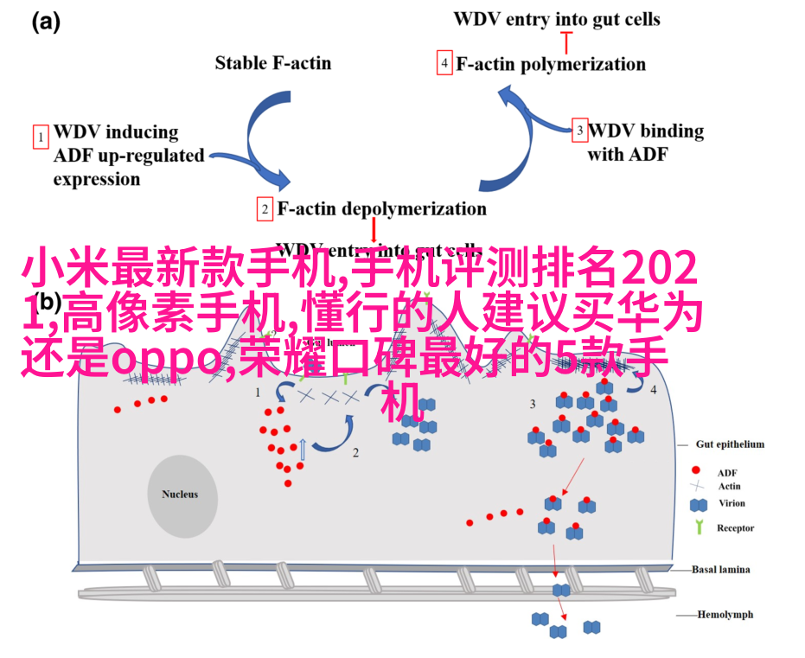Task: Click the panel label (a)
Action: coord(46,23)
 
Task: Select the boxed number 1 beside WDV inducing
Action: coord(40,137)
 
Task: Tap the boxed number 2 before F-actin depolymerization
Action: coord(265,209)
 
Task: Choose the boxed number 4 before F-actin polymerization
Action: coord(444,64)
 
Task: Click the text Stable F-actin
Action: coord(272,62)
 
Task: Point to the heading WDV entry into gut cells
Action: coord(556,18)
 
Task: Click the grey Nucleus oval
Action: coord(180,495)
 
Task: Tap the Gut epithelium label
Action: coord(730,444)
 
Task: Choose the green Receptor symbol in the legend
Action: coord(697,527)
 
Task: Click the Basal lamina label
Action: coord(720,570)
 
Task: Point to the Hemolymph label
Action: coord(725,615)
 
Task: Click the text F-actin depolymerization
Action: coord(381,209)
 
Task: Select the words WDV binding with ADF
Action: coord(645,143)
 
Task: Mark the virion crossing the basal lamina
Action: coord(561,590)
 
